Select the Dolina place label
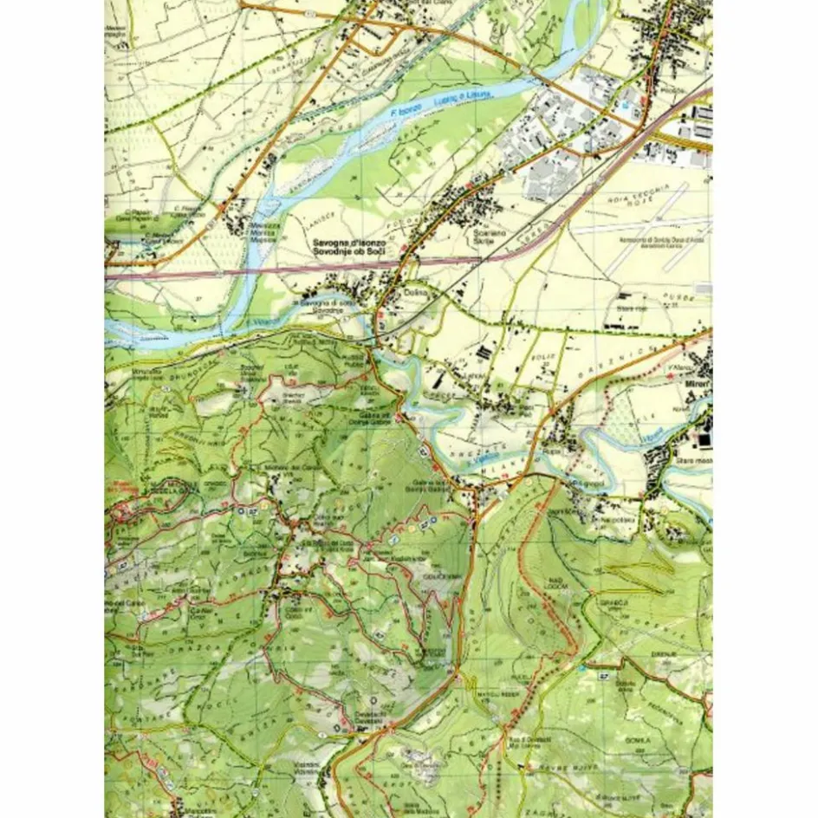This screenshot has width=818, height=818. pyautogui.click(x=417, y=295)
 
